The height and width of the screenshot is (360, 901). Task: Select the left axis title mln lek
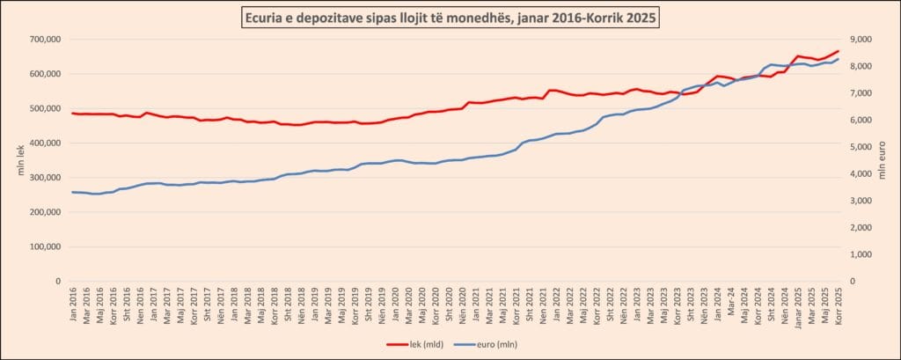click(x=20, y=160)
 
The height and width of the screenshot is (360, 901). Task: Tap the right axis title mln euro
click(x=883, y=160)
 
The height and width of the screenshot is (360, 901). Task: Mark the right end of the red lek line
click(x=839, y=51)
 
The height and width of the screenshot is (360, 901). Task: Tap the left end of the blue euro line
click(x=72, y=192)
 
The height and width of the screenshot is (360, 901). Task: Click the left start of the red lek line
click(x=72, y=113)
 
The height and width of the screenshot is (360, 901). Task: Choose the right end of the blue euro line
click(x=839, y=58)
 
